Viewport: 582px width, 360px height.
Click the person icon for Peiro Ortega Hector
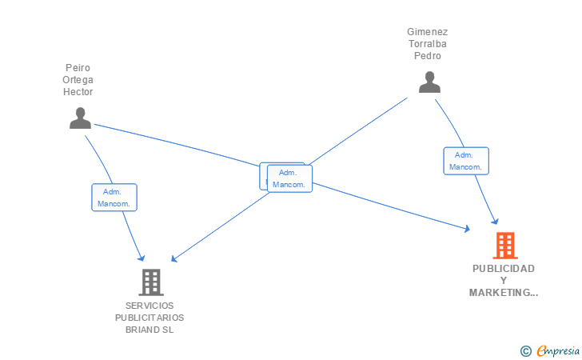(80, 118)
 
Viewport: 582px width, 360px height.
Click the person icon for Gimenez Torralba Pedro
(429, 82)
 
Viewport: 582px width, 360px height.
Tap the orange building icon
(505, 246)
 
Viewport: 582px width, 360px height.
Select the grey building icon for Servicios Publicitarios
(151, 282)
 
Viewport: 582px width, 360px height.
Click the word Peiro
(78, 68)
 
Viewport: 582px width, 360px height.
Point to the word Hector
(78, 92)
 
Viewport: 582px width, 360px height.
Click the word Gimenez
(427, 32)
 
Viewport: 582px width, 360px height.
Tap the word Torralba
(428, 44)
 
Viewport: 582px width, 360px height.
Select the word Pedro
(428, 56)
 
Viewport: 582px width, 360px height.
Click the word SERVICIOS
(149, 306)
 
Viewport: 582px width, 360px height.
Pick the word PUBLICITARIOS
(149, 318)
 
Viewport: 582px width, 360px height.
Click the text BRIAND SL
(149, 330)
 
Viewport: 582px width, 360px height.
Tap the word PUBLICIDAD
(504, 269)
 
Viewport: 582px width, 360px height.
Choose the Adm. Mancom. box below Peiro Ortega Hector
(114, 198)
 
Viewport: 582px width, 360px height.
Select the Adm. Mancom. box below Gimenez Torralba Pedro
(466, 161)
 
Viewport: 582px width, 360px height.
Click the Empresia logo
(558, 350)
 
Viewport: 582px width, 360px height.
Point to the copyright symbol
(526, 351)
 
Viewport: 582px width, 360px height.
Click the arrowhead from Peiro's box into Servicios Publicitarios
(142, 258)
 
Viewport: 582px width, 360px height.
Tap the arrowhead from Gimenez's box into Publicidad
(495, 222)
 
